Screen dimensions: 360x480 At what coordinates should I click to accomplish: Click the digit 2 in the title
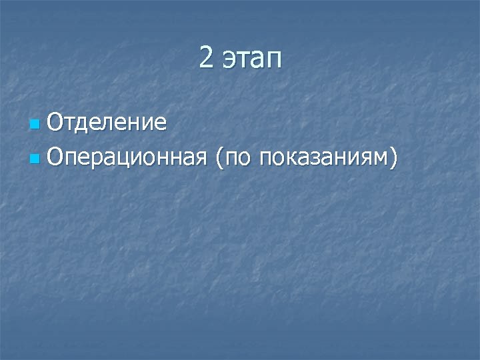[206, 59]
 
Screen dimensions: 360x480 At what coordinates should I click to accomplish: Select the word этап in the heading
[252, 60]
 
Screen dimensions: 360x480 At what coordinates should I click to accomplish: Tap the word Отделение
[107, 122]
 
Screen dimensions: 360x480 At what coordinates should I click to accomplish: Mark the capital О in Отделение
[56, 122]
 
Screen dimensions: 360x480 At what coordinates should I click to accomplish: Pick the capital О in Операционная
[56, 157]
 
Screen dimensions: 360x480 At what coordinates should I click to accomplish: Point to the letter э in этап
[228, 61]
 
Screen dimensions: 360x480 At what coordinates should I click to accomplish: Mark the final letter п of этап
[275, 61]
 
